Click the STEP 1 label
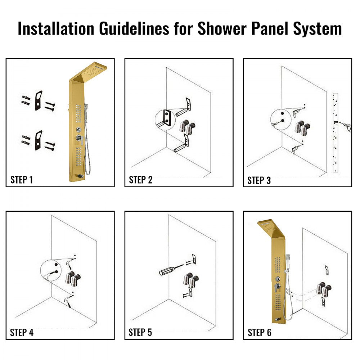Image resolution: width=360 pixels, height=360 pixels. click(22, 180)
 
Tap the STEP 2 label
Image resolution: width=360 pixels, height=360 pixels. click(140, 180)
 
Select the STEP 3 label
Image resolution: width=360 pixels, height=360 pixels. click(259, 180)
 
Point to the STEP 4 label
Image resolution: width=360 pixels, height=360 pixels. click(22, 332)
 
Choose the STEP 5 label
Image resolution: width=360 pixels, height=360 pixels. click(140, 332)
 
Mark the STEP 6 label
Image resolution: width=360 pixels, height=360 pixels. click(259, 332)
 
